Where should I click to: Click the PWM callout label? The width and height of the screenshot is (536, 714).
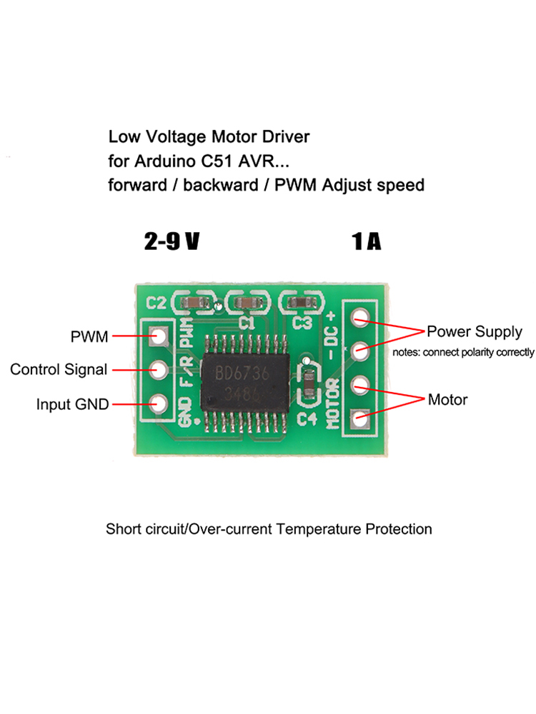pyautogui.click(x=89, y=336)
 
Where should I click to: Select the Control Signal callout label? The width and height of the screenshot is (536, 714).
pyautogui.click(x=59, y=370)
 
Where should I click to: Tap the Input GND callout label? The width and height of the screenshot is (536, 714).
pyautogui.click(x=72, y=404)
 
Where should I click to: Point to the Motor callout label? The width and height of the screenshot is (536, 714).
pyautogui.click(x=447, y=399)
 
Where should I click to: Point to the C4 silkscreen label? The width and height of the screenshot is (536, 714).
pyautogui.click(x=307, y=417)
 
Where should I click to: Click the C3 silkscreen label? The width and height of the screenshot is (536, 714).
pyautogui.click(x=302, y=323)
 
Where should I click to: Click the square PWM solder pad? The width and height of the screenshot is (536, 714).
pyautogui.click(x=157, y=336)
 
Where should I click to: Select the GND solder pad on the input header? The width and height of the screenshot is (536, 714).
pyautogui.click(x=157, y=404)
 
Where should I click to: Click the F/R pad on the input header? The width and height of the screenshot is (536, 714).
pyautogui.click(x=157, y=370)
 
